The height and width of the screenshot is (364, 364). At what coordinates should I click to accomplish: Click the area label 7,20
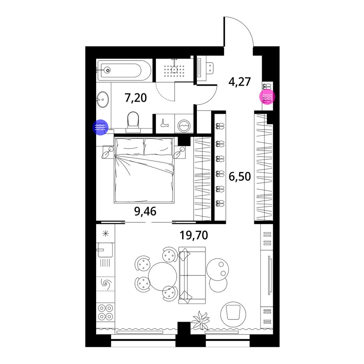136,98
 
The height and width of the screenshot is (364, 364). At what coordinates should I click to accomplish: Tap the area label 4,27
240,82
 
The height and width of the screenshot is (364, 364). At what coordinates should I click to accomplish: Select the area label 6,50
240,177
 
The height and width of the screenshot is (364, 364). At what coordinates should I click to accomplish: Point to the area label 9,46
145,211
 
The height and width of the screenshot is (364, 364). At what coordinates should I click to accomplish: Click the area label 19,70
194,235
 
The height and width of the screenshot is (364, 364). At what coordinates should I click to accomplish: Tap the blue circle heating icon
100,127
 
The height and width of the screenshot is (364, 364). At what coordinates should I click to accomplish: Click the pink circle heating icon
267,96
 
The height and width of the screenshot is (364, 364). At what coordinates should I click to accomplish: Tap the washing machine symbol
184,125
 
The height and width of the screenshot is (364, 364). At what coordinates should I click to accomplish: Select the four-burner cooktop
106,312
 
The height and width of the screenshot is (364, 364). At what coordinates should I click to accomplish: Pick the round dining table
162,276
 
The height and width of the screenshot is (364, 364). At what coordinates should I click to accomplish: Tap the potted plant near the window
200,320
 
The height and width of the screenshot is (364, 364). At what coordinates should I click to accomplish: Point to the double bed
144,170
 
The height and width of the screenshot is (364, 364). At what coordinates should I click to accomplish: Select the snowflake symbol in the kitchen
106,233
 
